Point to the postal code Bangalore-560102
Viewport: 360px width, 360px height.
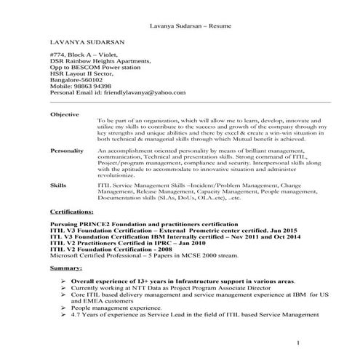[x=82, y=78]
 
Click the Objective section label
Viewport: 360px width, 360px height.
[x=65, y=114]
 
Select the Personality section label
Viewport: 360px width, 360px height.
[x=68, y=149]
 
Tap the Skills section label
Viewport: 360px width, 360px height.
[x=58, y=185]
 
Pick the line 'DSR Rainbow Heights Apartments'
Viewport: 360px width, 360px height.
[x=101, y=63]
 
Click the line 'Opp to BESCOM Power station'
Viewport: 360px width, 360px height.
[x=98, y=71]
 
